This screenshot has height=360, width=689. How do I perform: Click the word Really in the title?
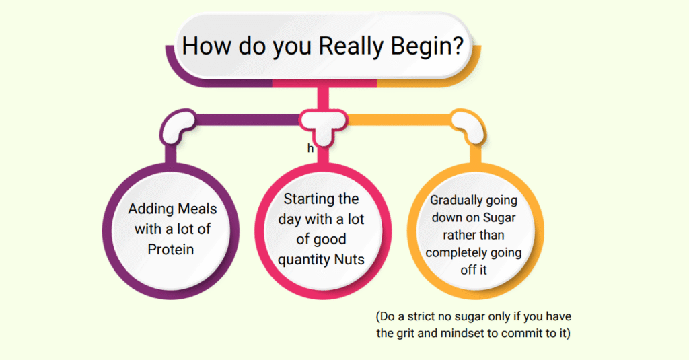[x=351, y=46]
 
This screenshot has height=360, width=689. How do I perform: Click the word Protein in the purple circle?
[x=170, y=249]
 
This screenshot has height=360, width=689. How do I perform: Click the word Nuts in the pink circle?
[x=349, y=259]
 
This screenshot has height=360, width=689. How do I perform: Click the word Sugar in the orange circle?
[x=499, y=217]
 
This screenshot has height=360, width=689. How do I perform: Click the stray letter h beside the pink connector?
[x=310, y=149]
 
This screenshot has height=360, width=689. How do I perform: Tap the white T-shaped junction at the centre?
[x=323, y=125]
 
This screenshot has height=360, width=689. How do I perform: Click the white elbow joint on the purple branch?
[x=177, y=125]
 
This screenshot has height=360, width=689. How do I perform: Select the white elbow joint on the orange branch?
[x=468, y=125]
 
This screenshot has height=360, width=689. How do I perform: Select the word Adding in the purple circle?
[x=147, y=209]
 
